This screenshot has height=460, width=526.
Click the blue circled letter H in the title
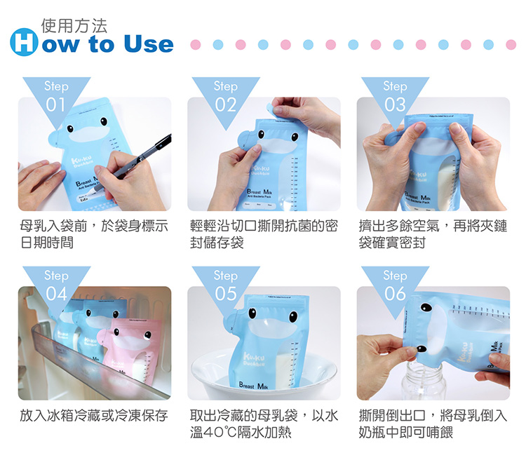coord(23,44)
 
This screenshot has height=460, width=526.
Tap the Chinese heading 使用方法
coord(74,25)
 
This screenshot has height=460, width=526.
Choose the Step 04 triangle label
coord(56,285)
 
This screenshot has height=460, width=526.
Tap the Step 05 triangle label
coord(226,285)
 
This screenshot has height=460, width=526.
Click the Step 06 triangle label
coord(395,285)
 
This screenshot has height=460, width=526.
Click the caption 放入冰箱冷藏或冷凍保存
coord(94,416)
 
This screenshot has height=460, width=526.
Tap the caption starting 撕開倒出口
coord(433,424)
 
